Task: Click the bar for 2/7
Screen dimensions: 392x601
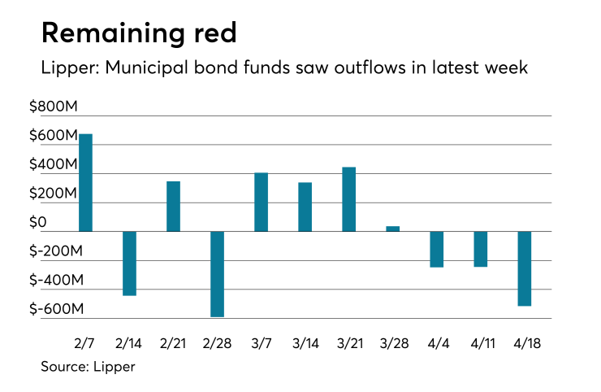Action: tap(85, 183)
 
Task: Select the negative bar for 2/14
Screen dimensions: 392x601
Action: tap(129, 264)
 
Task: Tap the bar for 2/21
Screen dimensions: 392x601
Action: tap(173, 207)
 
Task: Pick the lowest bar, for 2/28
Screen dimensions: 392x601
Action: tap(217, 274)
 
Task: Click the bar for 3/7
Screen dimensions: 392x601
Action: tap(261, 203)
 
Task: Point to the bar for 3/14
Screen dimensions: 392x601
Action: tap(305, 207)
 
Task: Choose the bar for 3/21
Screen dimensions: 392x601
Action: tap(348, 199)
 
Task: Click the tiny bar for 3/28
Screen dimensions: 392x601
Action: tap(392, 229)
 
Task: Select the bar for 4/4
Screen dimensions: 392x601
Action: tap(436, 249)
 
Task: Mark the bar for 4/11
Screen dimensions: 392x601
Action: tap(480, 249)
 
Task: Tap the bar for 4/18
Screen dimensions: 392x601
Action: tap(524, 268)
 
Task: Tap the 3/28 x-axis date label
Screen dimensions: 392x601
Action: tap(392, 342)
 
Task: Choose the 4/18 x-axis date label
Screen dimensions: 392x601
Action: tap(524, 342)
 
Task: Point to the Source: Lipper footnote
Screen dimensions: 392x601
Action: tap(88, 367)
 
